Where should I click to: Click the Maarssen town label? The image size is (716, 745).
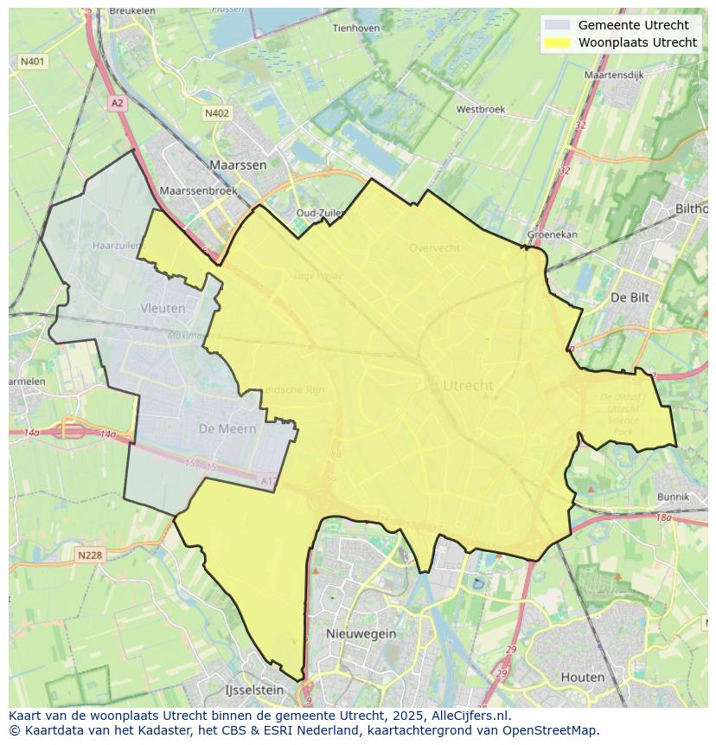click(238, 164)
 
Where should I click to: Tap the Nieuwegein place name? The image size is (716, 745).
click(361, 633)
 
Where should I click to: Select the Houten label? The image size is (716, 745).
click(582, 677)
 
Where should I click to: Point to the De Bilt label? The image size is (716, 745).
click(630, 297)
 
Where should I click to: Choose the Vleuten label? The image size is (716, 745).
click(163, 307)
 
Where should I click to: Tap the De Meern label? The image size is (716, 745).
click(227, 428)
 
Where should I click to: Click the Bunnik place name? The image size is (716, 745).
click(673, 498)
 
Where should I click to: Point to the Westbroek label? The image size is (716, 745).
click(480, 110)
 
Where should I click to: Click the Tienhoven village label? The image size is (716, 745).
click(356, 28)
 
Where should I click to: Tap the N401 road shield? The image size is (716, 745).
click(32, 61)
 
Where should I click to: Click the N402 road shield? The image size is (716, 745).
click(217, 113)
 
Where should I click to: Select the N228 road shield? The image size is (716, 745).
click(90, 555)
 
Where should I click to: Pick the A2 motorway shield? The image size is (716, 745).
click(117, 103)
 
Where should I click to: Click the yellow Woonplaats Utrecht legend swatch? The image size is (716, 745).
click(558, 42)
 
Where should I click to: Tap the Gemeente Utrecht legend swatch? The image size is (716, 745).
click(558, 25)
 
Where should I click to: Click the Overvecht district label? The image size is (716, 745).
click(434, 248)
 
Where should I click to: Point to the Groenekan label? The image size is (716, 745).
click(552, 235)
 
